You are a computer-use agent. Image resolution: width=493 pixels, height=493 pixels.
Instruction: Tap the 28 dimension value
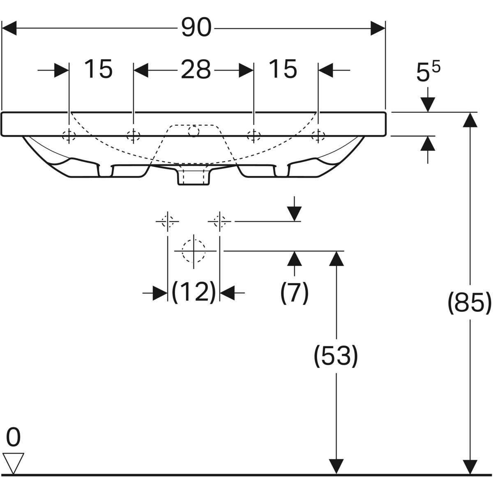[x=196, y=70]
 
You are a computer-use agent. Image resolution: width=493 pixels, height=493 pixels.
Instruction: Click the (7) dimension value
[x=294, y=293]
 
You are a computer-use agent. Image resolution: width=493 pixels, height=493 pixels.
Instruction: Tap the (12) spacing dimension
[x=194, y=293]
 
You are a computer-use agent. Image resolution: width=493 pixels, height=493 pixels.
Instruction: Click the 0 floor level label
[x=13, y=438]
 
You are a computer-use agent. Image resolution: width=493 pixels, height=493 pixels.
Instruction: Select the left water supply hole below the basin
[x=167, y=221]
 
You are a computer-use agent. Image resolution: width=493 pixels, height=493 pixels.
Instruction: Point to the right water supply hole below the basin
[x=220, y=221]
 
